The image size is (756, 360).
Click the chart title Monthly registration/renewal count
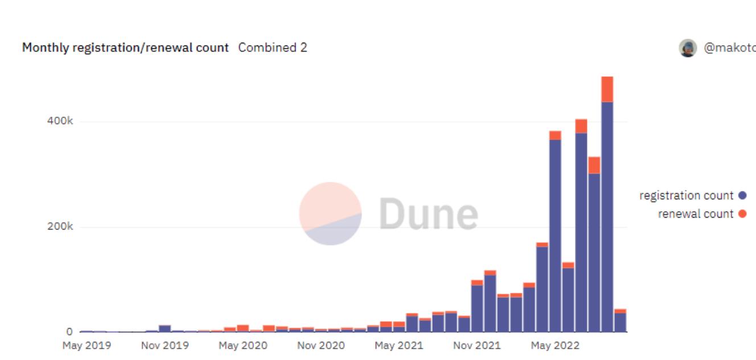point(125,48)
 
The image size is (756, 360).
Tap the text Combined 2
point(273,48)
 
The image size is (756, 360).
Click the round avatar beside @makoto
point(688,48)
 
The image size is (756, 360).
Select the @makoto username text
point(730,48)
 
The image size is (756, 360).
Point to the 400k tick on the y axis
point(61,122)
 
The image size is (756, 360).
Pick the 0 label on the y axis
point(69,332)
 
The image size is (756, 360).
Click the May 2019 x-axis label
point(87,345)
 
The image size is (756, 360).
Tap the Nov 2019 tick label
point(165,345)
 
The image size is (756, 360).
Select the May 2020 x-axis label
point(243,345)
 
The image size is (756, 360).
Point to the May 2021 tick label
point(399,345)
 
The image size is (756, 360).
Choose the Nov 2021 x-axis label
point(477,345)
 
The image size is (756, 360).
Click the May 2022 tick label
point(555,345)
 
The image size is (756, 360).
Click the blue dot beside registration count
point(742,195)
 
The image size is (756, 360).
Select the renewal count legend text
point(696,214)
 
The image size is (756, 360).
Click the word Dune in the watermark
point(428,214)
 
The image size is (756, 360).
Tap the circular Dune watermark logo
point(330,214)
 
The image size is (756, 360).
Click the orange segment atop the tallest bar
point(607,89)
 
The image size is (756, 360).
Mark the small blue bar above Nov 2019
point(165,329)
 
